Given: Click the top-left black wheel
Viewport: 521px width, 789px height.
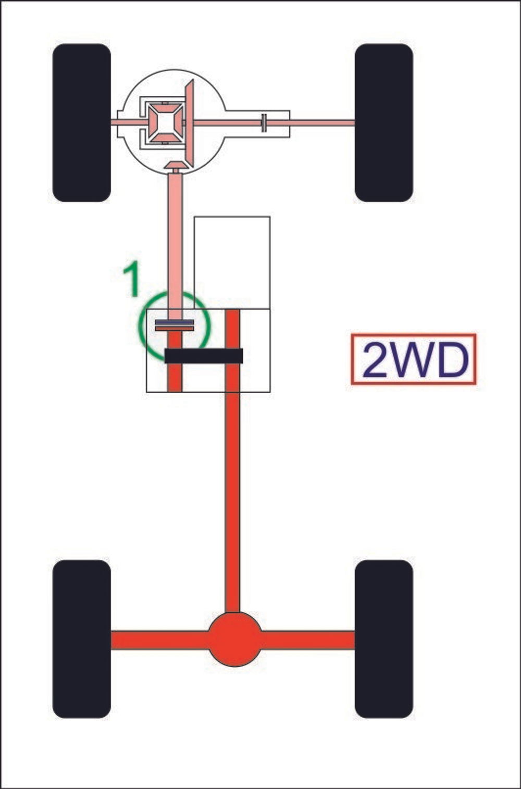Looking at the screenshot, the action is (x=82, y=123).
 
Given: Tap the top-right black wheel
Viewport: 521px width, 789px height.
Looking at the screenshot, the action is (x=383, y=123).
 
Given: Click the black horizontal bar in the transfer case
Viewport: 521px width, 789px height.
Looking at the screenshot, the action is (x=204, y=356).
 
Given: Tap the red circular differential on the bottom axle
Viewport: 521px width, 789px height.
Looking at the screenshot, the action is (x=235, y=640).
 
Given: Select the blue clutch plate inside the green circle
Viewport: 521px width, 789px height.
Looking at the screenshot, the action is (x=175, y=322).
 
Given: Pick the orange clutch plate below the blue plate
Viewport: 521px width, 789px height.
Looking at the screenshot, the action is (x=175, y=329).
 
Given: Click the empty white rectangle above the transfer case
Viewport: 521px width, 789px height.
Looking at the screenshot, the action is (x=232, y=262).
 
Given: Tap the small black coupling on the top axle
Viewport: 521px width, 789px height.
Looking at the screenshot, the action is (x=264, y=123).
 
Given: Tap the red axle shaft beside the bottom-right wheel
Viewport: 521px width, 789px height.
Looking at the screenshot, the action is (x=308, y=640).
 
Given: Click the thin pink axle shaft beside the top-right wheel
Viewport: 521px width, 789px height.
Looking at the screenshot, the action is (x=322, y=123).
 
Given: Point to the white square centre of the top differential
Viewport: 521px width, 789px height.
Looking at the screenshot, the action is (x=165, y=123).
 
